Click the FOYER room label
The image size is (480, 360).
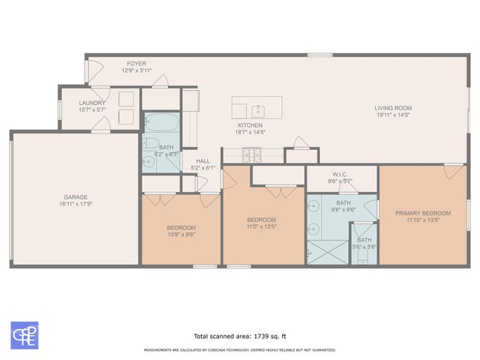click(x=136, y=64)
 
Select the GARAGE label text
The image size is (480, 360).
click(x=76, y=197)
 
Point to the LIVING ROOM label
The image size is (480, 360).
click(x=393, y=108)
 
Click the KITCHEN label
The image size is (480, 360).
click(x=250, y=124)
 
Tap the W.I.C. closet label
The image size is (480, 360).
click(x=341, y=175)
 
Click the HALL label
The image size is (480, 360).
click(x=203, y=160)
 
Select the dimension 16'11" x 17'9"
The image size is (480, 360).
click(x=76, y=204)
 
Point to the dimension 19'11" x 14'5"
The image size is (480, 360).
click(x=393, y=115)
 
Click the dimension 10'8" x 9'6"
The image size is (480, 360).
click(x=181, y=234)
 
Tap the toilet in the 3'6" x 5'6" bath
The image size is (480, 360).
click(x=363, y=258)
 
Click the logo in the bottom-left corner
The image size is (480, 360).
click(x=23, y=334)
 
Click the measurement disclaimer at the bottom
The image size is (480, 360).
click(x=240, y=349)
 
